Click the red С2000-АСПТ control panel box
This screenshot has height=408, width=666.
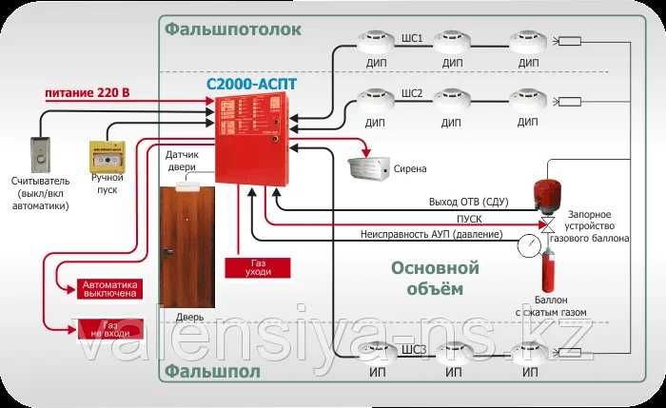[248, 139]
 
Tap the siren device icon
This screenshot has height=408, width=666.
[368, 166]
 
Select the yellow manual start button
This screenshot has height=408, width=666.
[106, 155]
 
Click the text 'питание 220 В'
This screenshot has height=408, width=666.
[88, 93]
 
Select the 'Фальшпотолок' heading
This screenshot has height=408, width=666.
[232, 29]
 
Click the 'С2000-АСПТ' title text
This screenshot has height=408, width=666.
[251, 84]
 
